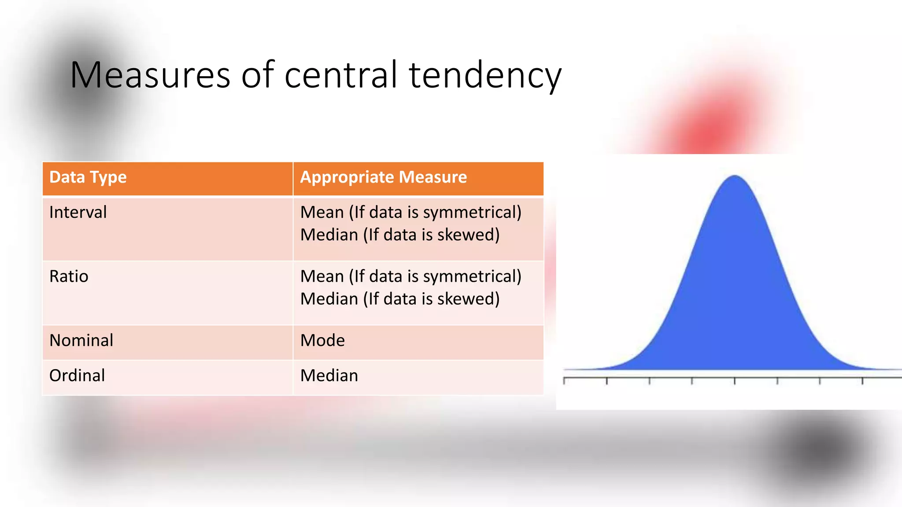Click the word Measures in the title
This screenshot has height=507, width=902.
pos(150,75)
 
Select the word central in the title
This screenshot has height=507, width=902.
pos(342,75)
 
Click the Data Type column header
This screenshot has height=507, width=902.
pos(88,177)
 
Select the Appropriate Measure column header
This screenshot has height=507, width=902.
pos(383,177)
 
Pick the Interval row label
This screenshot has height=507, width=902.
pos(78,213)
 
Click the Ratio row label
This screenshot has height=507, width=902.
pos(69,276)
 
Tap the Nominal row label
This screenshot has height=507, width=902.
pos(81,341)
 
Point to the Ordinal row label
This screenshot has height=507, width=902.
pos(77,376)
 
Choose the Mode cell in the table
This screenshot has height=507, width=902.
pos(322,341)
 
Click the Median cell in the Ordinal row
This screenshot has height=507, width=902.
pos(329,376)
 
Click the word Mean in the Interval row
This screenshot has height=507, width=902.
pos(322,213)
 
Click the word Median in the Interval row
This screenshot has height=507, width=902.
pos(329,235)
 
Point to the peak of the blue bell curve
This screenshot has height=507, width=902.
pos(735,177)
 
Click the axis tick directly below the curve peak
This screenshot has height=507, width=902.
pos(735,381)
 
